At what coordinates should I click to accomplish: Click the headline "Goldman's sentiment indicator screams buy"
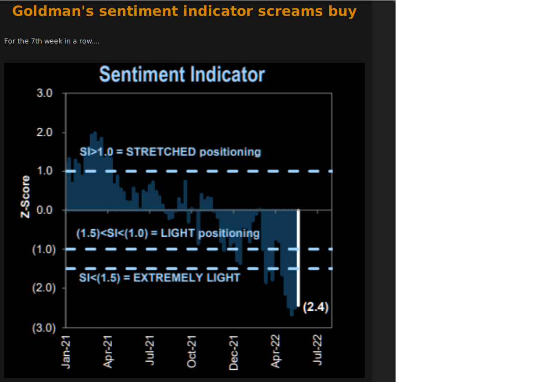point(184,11)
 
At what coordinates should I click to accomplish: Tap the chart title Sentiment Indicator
point(182,75)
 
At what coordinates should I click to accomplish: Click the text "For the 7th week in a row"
point(52,41)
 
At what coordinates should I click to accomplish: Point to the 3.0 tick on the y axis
point(44,94)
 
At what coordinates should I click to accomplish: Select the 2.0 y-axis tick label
point(44,133)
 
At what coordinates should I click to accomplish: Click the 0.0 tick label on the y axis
point(44,210)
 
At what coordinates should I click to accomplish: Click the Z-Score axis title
point(26,196)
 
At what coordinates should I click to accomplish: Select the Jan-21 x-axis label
point(66,351)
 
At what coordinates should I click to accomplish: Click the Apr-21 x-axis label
point(108,351)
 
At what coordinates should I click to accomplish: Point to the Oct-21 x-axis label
point(192,351)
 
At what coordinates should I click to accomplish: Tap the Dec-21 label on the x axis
point(234,351)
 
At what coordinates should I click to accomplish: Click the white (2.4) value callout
point(316,307)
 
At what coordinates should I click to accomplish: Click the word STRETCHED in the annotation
point(161,152)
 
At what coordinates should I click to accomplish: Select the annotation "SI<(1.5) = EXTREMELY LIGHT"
point(160,278)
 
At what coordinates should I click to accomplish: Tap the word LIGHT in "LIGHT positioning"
point(177,233)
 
